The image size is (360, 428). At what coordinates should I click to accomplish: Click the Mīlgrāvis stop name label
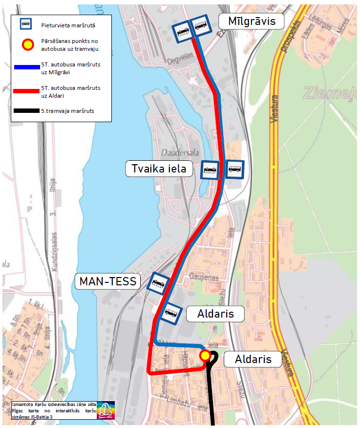point(252,21)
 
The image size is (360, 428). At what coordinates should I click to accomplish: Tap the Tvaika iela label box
point(159,169)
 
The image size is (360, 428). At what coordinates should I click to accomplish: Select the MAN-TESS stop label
point(108,281)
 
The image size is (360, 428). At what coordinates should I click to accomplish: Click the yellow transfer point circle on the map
point(205,355)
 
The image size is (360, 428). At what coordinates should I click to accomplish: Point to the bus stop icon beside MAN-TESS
point(158,282)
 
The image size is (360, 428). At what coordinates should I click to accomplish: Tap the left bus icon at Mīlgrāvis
point(181,32)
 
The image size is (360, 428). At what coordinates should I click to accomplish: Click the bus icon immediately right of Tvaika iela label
point(211,170)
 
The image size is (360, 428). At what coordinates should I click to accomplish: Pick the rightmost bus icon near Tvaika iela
point(234,170)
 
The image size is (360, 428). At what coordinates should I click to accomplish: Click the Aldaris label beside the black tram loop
point(253,359)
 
